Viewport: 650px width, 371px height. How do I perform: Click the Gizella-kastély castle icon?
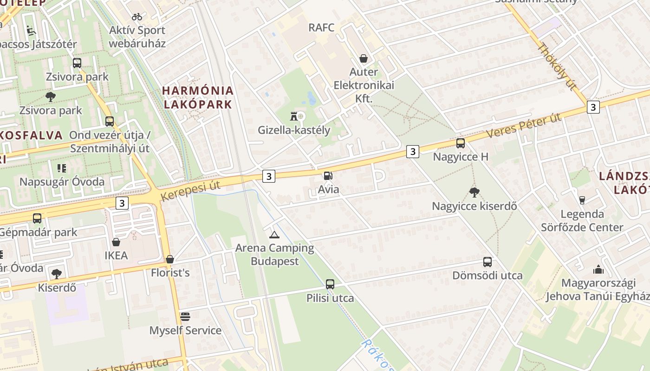[293, 115]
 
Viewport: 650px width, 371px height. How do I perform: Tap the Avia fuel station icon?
[328, 176]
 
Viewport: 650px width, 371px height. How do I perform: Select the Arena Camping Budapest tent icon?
[274, 235]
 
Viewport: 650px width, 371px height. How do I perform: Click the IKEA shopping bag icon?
[116, 242]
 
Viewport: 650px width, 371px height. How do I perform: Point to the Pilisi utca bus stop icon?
[330, 284]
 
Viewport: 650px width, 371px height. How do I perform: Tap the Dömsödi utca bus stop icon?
[487, 262]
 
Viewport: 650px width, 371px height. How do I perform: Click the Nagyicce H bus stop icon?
[460, 143]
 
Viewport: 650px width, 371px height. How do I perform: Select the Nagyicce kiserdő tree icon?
[474, 192]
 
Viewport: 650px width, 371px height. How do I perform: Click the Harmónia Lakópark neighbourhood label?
[198, 97]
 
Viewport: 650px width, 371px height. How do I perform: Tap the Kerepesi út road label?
[190, 191]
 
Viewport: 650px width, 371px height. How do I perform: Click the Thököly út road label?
[556, 66]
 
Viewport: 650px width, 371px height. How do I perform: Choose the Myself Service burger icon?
[185, 317]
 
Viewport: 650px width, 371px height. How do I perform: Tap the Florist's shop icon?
[170, 259]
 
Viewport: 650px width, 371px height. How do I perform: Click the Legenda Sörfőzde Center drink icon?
[582, 200]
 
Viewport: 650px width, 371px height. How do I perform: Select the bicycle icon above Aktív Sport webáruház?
[137, 17]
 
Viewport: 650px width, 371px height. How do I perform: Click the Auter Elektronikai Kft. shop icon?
[364, 58]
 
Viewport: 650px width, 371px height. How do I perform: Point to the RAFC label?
[321, 27]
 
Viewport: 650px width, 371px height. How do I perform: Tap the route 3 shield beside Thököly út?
[592, 107]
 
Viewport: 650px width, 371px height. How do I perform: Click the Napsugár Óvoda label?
[62, 181]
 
